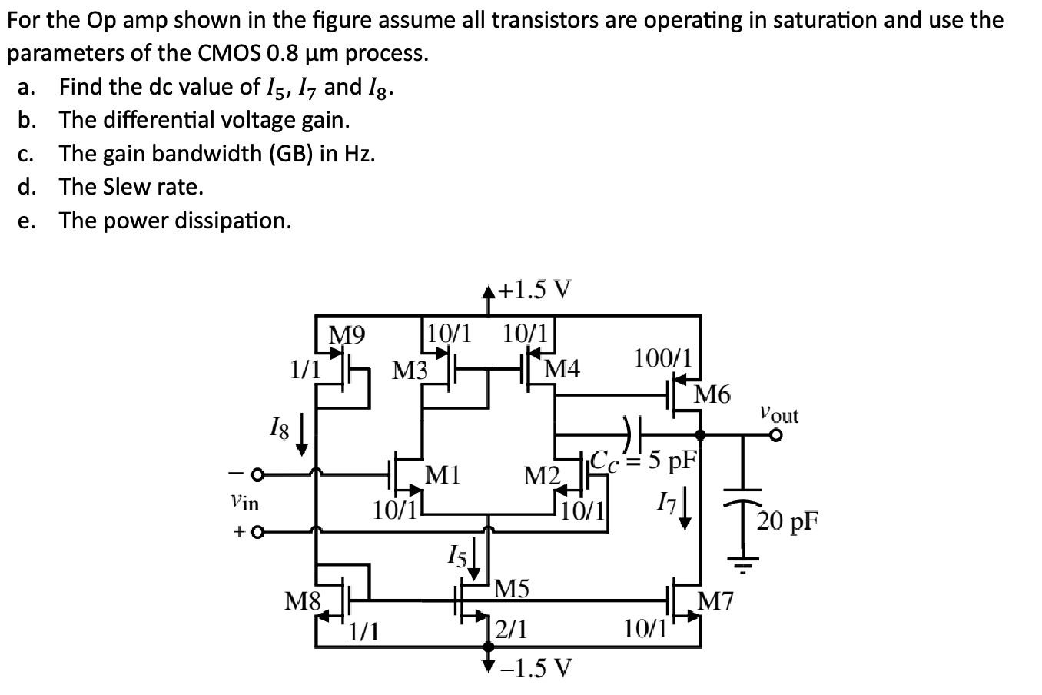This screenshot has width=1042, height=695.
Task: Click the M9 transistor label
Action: (x=347, y=336)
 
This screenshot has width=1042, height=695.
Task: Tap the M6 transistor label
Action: (x=712, y=396)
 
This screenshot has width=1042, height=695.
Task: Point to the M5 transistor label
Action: (x=511, y=590)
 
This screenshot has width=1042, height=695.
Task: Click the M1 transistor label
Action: (x=443, y=475)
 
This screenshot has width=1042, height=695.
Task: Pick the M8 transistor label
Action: (x=302, y=600)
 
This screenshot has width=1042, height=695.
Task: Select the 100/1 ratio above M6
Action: (x=662, y=357)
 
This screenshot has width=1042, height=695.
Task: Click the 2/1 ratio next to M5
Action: (x=511, y=630)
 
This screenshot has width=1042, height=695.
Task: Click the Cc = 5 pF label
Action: (x=642, y=461)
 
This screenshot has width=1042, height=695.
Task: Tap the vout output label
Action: (x=777, y=415)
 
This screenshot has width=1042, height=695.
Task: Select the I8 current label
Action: (x=280, y=425)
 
